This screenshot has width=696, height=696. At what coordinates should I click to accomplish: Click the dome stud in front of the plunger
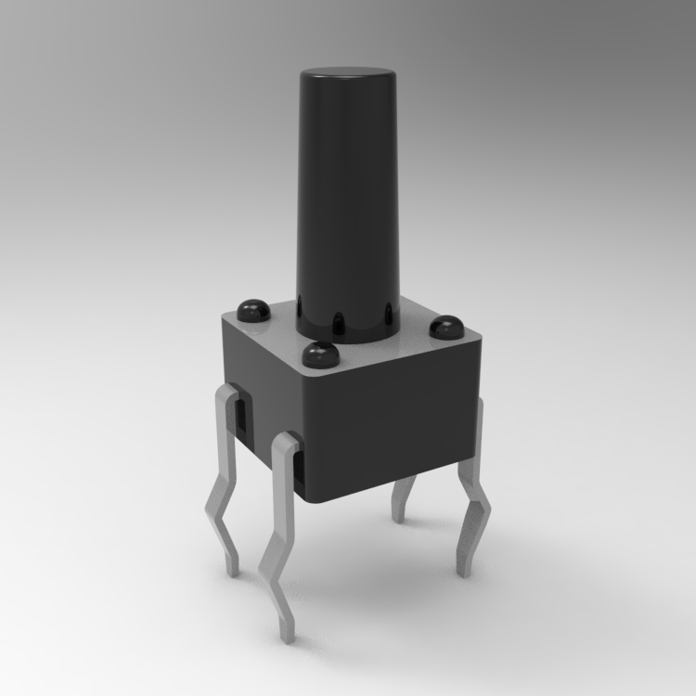(320, 354)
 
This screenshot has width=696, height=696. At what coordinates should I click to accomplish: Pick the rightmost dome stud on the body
(446, 327)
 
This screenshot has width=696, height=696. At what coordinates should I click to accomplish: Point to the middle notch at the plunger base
(339, 323)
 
